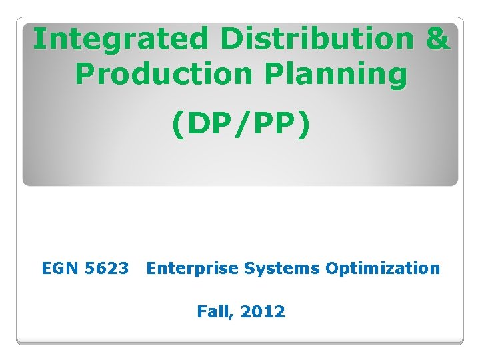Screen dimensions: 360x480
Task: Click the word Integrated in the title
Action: coord(121,39)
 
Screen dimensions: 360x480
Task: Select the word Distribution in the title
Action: coord(315,39)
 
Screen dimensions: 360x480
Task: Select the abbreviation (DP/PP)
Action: coord(241,125)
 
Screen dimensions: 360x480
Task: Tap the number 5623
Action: coord(107,269)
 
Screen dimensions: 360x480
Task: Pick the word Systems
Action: coord(283,269)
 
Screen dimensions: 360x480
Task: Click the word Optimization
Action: coord(383,269)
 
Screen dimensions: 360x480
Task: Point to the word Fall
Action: coord(213,311)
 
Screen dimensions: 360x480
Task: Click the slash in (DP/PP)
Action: coord(241,125)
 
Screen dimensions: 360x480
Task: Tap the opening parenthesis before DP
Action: coord(179,126)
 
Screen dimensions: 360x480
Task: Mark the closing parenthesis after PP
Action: coord(303,126)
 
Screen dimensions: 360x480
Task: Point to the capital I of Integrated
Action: coord(39,39)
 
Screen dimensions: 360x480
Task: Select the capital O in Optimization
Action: coord(332,269)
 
